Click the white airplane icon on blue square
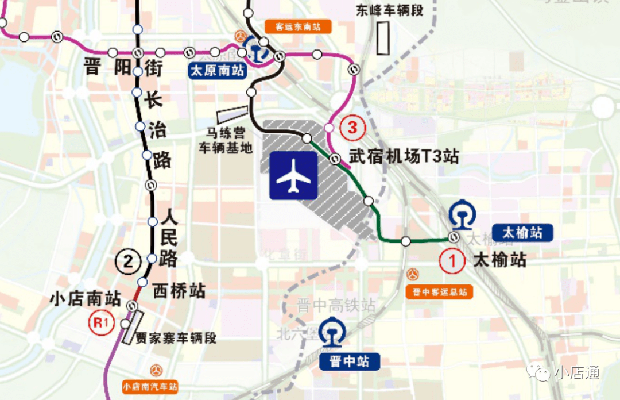click(293, 175)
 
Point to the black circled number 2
click(128, 262)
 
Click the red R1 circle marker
click(101, 322)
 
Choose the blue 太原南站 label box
click(217, 72)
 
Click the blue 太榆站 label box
click(522, 233)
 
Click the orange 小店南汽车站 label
click(150, 387)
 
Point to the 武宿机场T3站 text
click(404, 156)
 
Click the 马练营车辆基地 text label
click(226, 141)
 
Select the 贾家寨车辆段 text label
click(176, 338)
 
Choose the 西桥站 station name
click(179, 291)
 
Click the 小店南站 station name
click(85, 299)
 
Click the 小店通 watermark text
click(576, 373)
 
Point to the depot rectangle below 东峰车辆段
click(383, 37)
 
